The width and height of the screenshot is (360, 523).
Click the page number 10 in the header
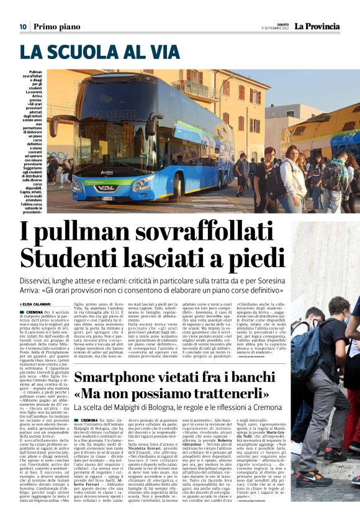22,26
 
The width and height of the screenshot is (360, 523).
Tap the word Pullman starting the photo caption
36,72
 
